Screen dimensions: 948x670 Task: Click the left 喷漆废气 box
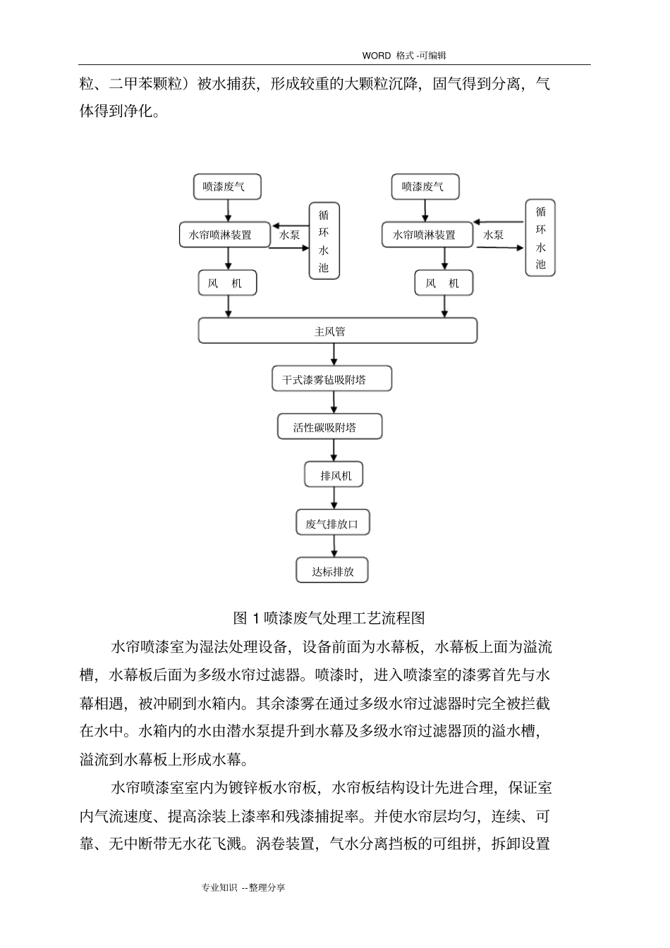click(x=227, y=187)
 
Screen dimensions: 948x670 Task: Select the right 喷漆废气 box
click(x=425, y=187)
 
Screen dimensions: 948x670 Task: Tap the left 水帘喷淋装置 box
click(x=225, y=235)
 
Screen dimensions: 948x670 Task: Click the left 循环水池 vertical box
click(x=324, y=241)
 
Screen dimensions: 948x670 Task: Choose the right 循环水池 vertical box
click(x=540, y=238)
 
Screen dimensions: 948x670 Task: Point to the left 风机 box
click(x=226, y=283)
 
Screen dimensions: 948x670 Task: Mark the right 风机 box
click(x=443, y=283)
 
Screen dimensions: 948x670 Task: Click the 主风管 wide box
click(x=337, y=331)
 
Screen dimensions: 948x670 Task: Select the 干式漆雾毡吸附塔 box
click(x=331, y=379)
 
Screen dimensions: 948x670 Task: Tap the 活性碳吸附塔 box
click(x=329, y=427)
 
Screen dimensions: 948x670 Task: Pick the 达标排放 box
click(x=332, y=572)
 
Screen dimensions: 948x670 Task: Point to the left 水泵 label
click(x=290, y=235)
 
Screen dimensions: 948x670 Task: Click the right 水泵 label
click(x=493, y=235)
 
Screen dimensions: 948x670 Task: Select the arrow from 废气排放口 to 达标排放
click(x=334, y=546)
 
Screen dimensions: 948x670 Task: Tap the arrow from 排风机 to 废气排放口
click(x=334, y=498)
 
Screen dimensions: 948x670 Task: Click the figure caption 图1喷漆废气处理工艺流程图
click(x=329, y=618)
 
